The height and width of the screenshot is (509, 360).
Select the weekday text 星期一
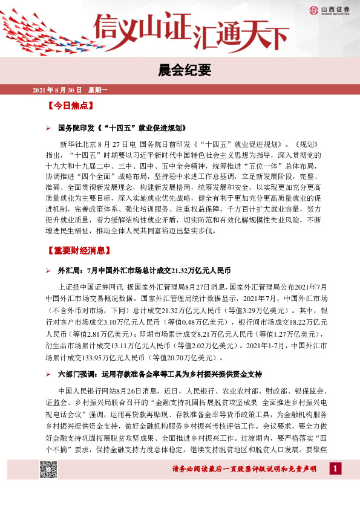[x=97, y=91]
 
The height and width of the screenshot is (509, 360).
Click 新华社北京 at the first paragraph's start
[x=79, y=145]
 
